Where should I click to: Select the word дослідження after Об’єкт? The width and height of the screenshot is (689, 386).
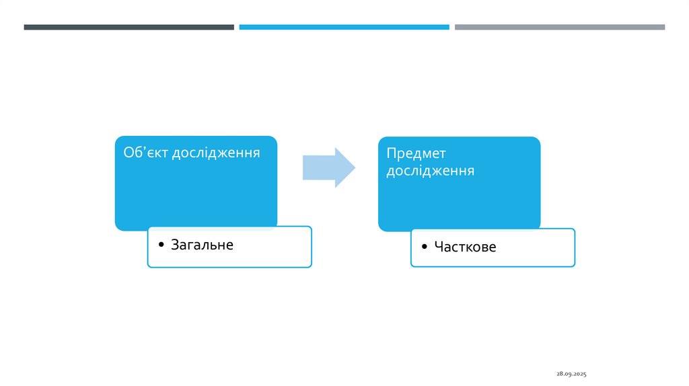pos(216,153)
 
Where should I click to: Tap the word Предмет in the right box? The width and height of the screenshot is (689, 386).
pos(416,153)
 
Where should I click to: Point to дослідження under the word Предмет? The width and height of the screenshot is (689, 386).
pos(430,171)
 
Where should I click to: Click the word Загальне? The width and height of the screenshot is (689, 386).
pos(202,245)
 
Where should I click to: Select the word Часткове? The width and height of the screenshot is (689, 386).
pos(465,247)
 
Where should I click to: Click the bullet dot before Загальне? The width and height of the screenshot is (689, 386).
pos(161,245)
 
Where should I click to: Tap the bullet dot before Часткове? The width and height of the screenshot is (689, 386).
pos(424,247)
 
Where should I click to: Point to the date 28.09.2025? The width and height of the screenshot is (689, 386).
pos(571,373)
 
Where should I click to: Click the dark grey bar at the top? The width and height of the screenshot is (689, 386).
pos(129,27)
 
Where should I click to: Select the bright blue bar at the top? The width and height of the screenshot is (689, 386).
pos(344,27)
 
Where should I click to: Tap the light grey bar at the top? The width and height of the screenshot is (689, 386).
pos(559,27)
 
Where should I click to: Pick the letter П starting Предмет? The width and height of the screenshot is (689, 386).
pos(390,153)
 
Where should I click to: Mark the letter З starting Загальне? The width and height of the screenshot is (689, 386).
pos(175,245)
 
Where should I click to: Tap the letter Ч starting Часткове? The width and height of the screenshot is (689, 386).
pos(438,247)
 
